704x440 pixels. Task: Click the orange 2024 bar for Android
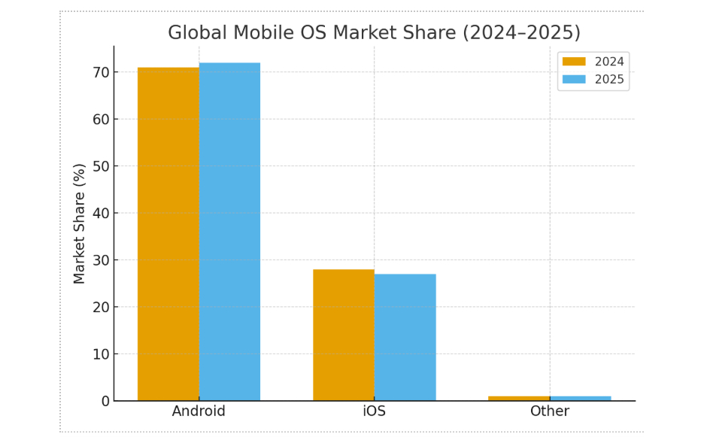click(x=168, y=234)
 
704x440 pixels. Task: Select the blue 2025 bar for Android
click(x=229, y=232)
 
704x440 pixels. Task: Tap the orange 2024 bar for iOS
click(x=344, y=335)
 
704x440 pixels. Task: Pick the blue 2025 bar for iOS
click(x=405, y=337)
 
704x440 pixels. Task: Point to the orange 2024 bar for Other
click(x=519, y=398)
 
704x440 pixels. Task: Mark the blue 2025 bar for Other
click(x=580, y=398)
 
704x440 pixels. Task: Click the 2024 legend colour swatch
click(x=574, y=62)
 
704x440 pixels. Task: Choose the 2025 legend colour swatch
click(x=574, y=79)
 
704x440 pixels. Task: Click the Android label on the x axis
click(x=199, y=411)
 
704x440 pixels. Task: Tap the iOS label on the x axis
click(x=375, y=411)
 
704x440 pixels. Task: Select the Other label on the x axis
click(x=550, y=411)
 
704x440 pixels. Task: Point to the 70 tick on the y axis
click(x=101, y=72)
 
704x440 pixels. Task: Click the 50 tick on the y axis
click(x=101, y=166)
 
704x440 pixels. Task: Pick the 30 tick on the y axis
click(x=101, y=260)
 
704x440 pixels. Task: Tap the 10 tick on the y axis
click(x=101, y=354)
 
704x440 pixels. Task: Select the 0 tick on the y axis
click(x=105, y=401)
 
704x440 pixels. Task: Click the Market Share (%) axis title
click(x=80, y=223)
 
